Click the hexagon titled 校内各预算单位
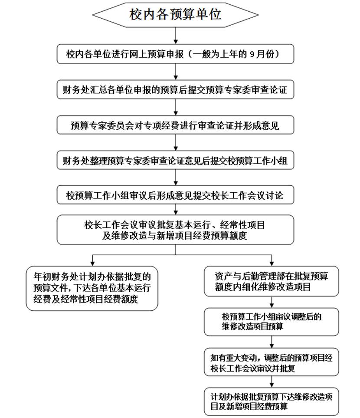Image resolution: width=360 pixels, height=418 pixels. pos(176,15)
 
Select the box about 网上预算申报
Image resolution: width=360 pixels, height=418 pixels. pos(176,55)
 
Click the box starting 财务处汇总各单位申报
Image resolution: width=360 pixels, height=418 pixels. pos(176,90)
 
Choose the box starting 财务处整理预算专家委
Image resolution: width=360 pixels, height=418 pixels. pos(176,160)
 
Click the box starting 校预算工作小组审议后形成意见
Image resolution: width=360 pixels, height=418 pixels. pos(176,195)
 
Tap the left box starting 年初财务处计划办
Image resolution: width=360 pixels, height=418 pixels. pos(92,288)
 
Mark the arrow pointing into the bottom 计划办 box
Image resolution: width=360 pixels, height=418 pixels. pos(272,382)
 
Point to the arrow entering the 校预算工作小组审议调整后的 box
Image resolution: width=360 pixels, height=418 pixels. pos(272,302)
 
